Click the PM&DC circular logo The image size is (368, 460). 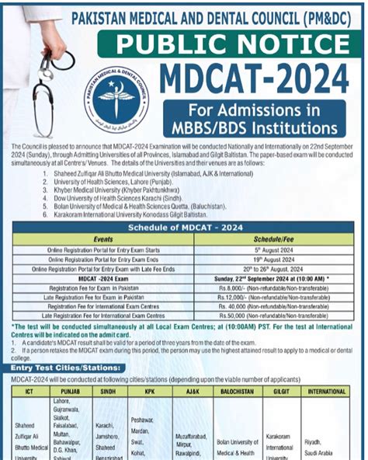point(117,98)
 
